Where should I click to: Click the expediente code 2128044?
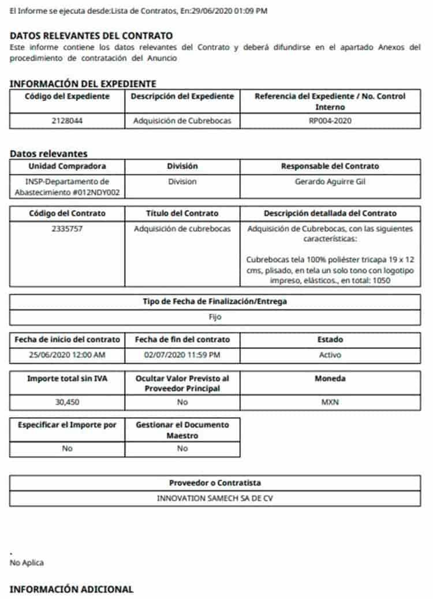[67, 121]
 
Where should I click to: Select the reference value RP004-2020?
[330, 121]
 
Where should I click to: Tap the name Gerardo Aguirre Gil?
[330, 181]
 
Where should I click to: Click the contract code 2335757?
[67, 229]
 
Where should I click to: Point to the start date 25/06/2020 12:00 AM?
[67, 355]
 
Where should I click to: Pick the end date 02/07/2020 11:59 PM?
[182, 355]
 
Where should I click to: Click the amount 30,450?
[67, 402]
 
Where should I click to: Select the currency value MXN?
[330, 402]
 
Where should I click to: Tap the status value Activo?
[330, 355]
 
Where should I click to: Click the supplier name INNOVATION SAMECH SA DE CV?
[215, 498]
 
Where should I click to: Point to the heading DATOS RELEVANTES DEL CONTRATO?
[91, 36]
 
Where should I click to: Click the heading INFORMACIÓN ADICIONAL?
[72, 589]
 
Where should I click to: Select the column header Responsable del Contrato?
[330, 166]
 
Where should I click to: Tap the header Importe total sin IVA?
[67, 379]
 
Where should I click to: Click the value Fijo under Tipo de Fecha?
[215, 317]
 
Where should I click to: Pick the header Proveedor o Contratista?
[215, 482]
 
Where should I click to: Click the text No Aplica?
[27, 563]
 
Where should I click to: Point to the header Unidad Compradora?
[67, 166]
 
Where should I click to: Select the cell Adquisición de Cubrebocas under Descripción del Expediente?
[182, 121]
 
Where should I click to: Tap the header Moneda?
[330, 379]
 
